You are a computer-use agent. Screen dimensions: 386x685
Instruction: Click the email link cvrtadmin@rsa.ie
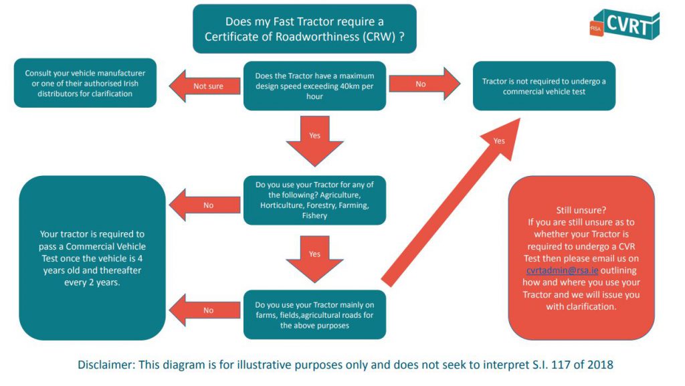(562, 270)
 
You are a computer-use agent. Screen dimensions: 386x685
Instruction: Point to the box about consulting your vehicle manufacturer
(85, 84)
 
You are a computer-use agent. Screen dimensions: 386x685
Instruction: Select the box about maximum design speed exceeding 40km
(314, 86)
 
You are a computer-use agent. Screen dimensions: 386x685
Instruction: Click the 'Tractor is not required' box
(544, 86)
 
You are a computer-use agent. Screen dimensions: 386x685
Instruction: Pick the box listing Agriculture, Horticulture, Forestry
(314, 199)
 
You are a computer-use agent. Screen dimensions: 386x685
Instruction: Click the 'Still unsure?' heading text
(581, 209)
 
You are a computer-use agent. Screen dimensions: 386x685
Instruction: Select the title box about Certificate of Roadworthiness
(304, 29)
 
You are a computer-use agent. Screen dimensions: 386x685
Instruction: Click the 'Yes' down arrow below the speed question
(314, 140)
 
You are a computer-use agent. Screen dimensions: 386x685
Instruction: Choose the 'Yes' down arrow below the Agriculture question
(314, 259)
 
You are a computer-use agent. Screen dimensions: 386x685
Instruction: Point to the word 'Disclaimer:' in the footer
(108, 365)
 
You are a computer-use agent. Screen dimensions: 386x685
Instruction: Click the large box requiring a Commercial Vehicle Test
(92, 258)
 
